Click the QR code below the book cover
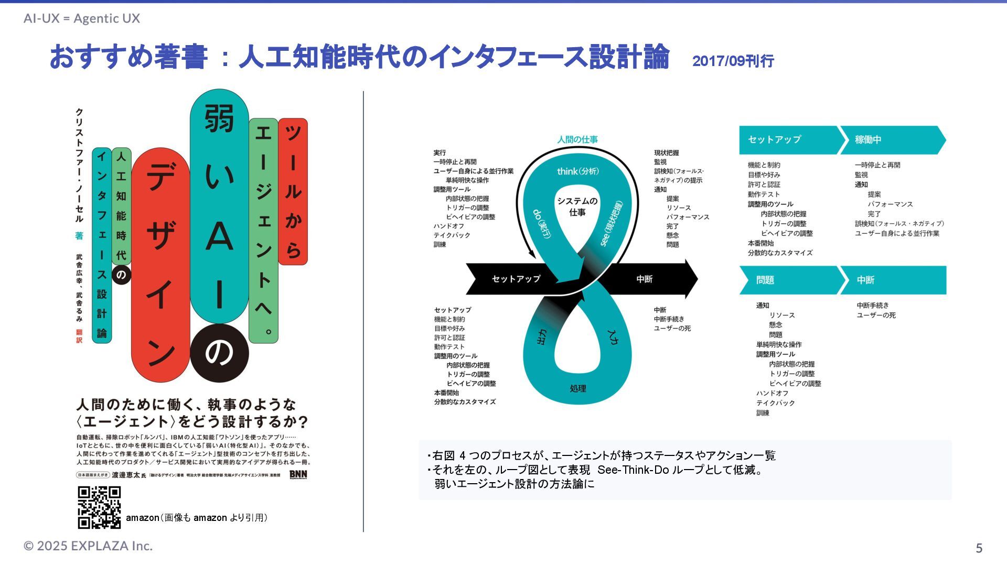click(x=99, y=507)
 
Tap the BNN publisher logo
click(x=298, y=475)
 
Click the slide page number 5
click(x=979, y=548)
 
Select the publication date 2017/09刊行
click(x=733, y=61)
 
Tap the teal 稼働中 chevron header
click(x=892, y=140)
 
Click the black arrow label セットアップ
click(x=516, y=279)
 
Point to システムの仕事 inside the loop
click(x=577, y=206)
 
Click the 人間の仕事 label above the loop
click(x=577, y=140)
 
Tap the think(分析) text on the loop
click(x=577, y=171)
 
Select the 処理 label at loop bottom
click(x=578, y=388)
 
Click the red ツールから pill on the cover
click(x=293, y=191)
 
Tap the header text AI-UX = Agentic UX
click(x=82, y=19)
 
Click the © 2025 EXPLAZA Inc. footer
click(x=88, y=546)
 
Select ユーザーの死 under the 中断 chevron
click(x=876, y=315)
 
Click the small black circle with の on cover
click(x=121, y=275)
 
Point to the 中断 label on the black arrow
click(x=644, y=279)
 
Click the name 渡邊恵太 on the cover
click(x=126, y=475)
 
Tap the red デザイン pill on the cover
click(x=160, y=265)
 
